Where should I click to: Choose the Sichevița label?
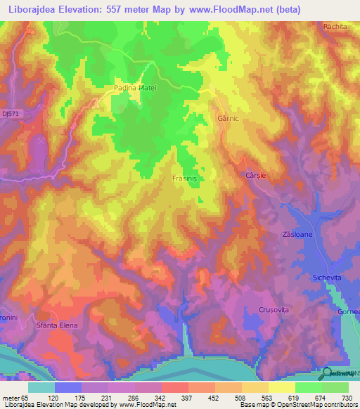point(327,278)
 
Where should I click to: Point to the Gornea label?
point(349,312)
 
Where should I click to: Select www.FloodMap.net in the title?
point(230,10)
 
